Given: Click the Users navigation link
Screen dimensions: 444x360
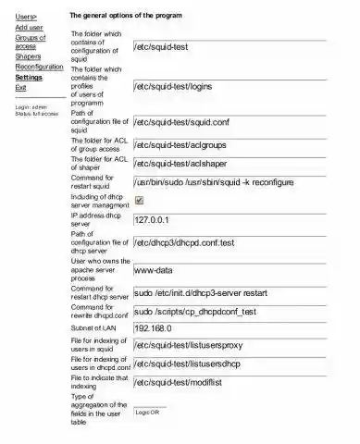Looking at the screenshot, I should [x=27, y=17].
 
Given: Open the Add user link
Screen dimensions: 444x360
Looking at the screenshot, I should [x=29, y=28].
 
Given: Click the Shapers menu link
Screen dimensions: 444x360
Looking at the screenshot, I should [x=29, y=56].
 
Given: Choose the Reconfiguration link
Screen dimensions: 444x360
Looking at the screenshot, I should [x=39, y=68].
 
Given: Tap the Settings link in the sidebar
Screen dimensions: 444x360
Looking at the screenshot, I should [x=29, y=78].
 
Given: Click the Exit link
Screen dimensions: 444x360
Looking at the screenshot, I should [x=20, y=88].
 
